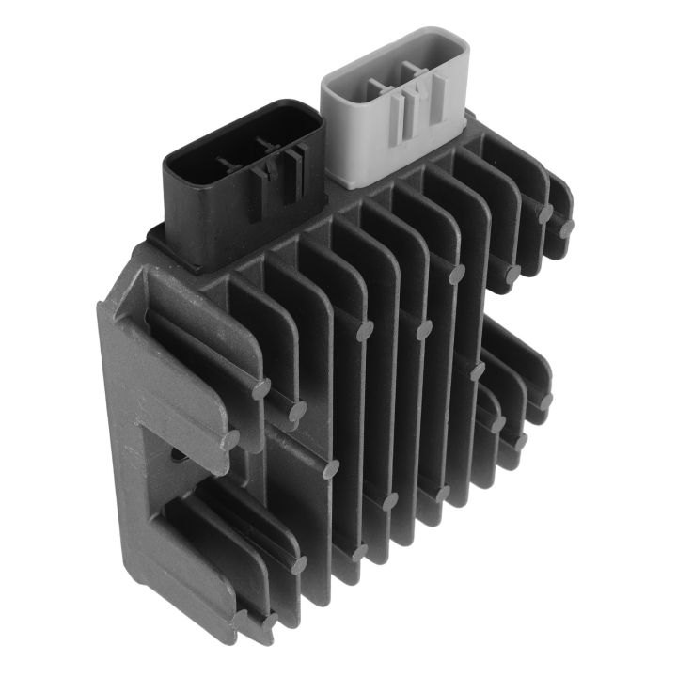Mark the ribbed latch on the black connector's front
coord(278,169)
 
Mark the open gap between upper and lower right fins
coord(512,301)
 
